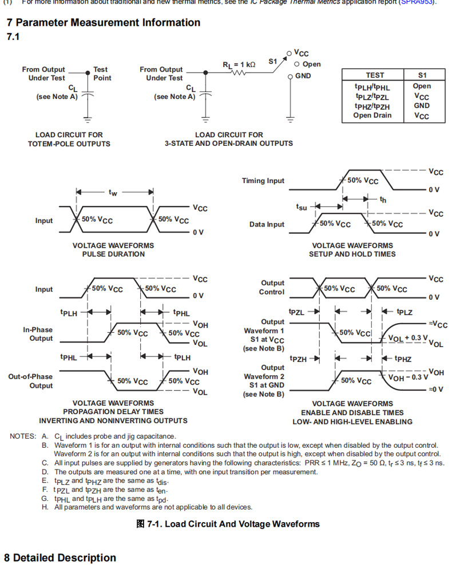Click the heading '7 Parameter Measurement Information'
coord(103,23)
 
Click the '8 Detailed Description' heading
coord(60,558)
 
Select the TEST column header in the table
coord(375,75)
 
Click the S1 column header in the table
coord(422,75)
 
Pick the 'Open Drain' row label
coord(372,115)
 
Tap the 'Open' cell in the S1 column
coord(422,86)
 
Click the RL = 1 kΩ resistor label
coord(239,65)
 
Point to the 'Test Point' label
coord(102,74)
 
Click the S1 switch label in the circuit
coord(273,59)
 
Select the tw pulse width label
coord(113,193)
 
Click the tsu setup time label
coord(302,206)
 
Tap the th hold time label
coord(383,200)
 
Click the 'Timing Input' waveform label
coord(263,181)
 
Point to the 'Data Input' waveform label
coord(267,224)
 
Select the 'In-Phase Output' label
coord(38,334)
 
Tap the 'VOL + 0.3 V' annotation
coord(408,338)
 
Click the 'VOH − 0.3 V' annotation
coord(408,377)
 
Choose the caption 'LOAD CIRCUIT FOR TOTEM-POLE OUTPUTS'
coord(69,139)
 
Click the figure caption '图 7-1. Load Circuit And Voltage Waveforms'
coord(228,524)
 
